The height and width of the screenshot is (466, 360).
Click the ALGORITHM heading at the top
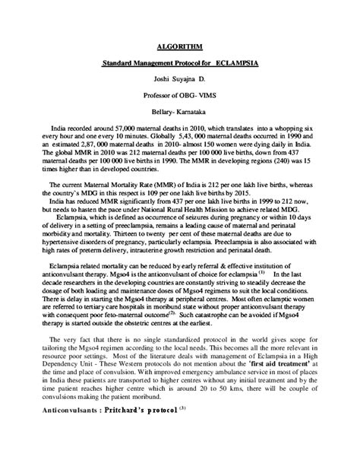179,46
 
